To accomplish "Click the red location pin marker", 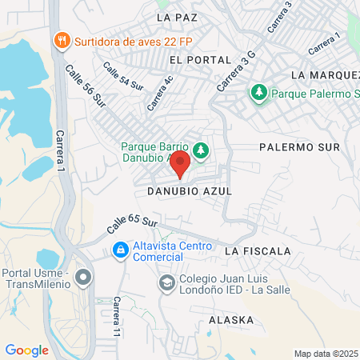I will pyautogui.click(x=180, y=166).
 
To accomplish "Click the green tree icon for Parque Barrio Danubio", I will pyautogui.click(x=200, y=149).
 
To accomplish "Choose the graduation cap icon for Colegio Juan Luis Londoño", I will pyautogui.click(x=166, y=282).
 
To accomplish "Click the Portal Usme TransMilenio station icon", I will pyautogui.click(x=84, y=278).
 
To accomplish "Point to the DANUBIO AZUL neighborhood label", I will pyautogui.click(x=190, y=192).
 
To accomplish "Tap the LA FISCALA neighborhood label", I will pyautogui.click(x=258, y=251).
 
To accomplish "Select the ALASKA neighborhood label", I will pyautogui.click(x=230, y=319).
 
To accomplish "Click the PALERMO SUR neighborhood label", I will pyautogui.click(x=300, y=147).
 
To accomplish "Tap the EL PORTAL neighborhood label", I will pyautogui.click(x=200, y=60).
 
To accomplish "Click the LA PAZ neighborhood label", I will pyautogui.click(x=177, y=16).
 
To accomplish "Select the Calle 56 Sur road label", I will pyautogui.click(x=86, y=86).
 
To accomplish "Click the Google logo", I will pyautogui.click(x=26, y=350).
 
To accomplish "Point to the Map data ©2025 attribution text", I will pyautogui.click(x=326, y=353).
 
